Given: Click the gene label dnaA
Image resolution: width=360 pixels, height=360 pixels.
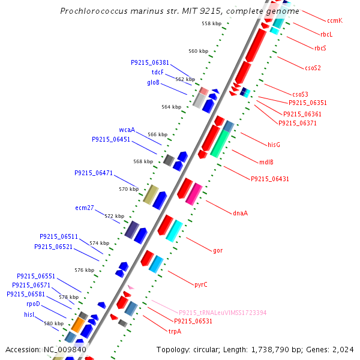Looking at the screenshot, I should (240, 213).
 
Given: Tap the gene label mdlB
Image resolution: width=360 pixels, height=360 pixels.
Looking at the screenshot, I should (266, 162).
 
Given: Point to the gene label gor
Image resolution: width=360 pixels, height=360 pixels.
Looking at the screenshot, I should (218, 250).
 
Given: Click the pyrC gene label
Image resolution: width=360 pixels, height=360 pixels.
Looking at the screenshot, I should (200, 284).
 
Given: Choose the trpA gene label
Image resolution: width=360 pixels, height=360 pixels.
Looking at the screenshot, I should (175, 331).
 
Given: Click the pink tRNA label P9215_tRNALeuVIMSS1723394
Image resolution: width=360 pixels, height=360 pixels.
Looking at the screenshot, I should (223, 313).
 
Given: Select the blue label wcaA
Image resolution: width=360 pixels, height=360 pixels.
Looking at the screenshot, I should (127, 130).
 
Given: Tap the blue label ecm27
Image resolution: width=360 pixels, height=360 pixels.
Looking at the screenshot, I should (85, 208).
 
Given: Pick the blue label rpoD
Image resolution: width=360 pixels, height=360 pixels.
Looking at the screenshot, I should (33, 304).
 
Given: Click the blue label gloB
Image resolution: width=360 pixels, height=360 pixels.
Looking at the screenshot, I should (154, 82).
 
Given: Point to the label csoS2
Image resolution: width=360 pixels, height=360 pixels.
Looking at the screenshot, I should (313, 68).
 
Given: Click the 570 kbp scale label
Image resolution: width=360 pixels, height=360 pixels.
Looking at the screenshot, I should (128, 189).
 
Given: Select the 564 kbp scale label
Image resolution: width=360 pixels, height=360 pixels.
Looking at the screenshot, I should (171, 107).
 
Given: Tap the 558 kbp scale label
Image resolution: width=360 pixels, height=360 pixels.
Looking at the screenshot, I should (211, 23).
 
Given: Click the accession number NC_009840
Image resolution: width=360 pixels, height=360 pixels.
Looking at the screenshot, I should (65, 349).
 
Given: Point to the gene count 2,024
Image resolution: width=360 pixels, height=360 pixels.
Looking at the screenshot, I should (343, 349).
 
